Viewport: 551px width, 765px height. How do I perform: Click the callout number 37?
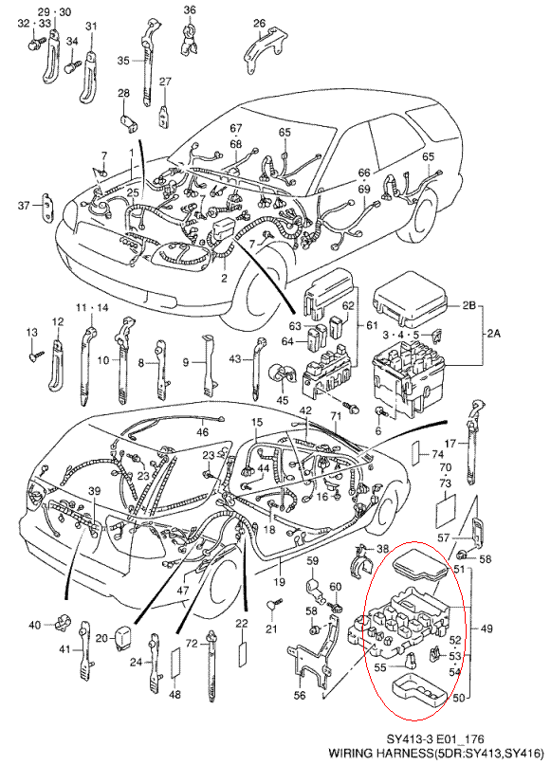(24, 206)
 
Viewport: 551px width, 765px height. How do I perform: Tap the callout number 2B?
(469, 306)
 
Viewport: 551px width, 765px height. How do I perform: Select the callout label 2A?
(493, 335)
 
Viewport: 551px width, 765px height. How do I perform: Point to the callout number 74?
(437, 453)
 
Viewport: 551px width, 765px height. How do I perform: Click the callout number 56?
(300, 695)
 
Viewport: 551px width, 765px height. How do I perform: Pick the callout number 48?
(176, 693)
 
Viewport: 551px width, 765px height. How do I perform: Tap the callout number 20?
(101, 638)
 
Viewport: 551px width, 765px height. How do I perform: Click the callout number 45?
(283, 401)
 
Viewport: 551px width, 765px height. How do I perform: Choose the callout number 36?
(190, 9)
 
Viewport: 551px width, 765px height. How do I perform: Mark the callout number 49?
(487, 628)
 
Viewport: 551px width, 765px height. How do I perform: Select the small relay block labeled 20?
(121, 636)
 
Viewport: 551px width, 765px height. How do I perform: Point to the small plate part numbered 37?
(47, 207)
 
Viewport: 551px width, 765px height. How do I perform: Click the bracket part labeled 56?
(313, 654)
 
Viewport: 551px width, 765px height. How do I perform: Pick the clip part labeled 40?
(63, 624)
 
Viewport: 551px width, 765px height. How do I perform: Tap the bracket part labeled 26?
(264, 48)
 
